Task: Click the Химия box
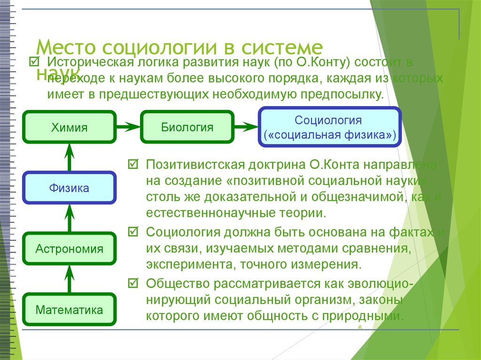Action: click(x=70, y=127)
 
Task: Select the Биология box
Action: click(x=187, y=127)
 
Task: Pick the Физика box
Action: click(x=70, y=188)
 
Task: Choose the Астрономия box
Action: click(x=70, y=249)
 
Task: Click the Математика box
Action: click(x=70, y=310)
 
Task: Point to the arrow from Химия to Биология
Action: click(x=128, y=127)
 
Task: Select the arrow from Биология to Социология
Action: click(x=246, y=127)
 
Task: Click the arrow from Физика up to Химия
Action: click(x=70, y=157)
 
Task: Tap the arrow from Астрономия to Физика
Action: click(x=70, y=218)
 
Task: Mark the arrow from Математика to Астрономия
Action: click(x=70, y=279)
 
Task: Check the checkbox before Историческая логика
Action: click(x=34, y=61)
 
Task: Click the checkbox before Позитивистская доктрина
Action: click(x=133, y=165)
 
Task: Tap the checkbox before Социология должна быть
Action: click(x=133, y=231)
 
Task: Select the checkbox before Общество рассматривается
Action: click(x=133, y=283)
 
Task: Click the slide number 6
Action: click(x=359, y=327)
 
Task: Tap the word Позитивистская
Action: click(x=194, y=165)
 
